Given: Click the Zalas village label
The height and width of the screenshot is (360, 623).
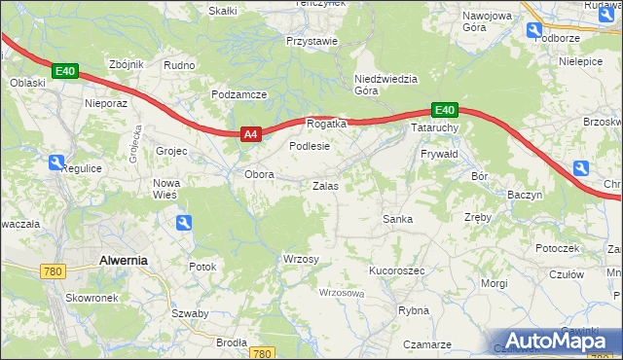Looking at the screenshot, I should [325, 185].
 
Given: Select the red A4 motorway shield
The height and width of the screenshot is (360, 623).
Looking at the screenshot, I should [250, 135].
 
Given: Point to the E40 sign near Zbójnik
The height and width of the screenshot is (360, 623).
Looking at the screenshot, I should [64, 71].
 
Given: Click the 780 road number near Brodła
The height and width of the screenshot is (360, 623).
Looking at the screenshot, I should [261, 354].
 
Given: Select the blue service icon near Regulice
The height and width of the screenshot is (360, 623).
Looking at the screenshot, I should [56, 163].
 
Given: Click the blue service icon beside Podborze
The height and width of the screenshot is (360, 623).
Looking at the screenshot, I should [533, 30].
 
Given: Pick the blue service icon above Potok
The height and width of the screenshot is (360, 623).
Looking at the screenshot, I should [184, 224].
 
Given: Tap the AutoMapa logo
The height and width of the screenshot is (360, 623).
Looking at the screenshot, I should [561, 342].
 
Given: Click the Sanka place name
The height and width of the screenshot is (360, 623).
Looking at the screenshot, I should [397, 219].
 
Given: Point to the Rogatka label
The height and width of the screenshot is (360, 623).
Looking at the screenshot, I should [326, 124].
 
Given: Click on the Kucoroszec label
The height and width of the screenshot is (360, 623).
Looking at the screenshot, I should [396, 270].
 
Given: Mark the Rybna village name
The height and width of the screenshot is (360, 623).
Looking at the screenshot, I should [414, 310].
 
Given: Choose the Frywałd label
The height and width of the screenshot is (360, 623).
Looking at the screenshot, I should [438, 155].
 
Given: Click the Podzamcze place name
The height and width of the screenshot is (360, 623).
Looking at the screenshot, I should [238, 94].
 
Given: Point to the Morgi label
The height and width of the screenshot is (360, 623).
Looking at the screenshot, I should [494, 283].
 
